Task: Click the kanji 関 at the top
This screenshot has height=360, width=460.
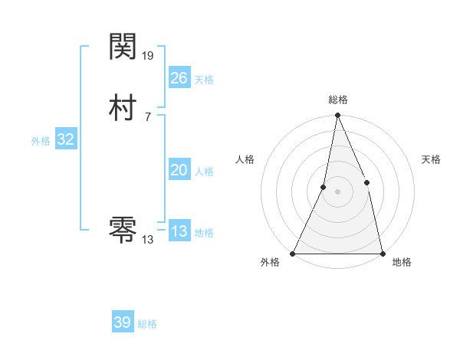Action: tap(123, 47)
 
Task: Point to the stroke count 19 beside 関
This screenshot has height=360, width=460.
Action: tap(148, 55)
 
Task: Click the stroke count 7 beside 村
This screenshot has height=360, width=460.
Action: tap(147, 116)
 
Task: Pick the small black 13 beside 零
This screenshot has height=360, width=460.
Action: tap(147, 239)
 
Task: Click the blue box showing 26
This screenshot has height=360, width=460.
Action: tap(179, 77)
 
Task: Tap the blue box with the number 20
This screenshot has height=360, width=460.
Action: tap(179, 170)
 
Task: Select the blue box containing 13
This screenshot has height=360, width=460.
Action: tap(179, 231)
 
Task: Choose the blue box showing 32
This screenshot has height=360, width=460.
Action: tap(65, 139)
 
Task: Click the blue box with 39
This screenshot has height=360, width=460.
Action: tap(122, 322)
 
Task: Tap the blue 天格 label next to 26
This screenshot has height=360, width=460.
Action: tap(204, 80)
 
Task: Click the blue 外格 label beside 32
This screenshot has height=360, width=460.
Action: tap(41, 141)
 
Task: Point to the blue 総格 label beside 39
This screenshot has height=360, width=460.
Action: tap(147, 324)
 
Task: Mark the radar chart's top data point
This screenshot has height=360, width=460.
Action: tap(337, 116)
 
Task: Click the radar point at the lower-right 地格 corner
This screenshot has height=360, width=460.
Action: tap(382, 253)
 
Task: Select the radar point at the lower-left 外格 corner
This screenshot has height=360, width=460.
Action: tap(293, 253)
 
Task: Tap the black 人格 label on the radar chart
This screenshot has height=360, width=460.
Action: tap(245, 159)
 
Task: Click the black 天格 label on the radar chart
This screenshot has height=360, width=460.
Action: tap(432, 159)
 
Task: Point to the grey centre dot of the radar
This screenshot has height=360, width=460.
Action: tap(337, 191)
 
